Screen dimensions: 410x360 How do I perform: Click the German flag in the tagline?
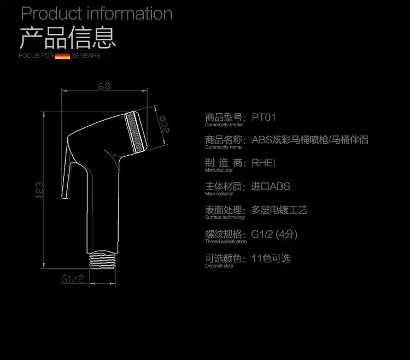pyautogui.click(x=62, y=56)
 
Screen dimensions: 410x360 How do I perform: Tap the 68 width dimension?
pyautogui.click(x=104, y=86)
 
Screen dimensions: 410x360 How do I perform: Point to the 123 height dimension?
pyautogui.click(x=39, y=190)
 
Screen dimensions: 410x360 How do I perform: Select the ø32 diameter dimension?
pyautogui.click(x=164, y=124)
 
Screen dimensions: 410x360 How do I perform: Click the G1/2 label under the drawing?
pyautogui.click(x=72, y=279)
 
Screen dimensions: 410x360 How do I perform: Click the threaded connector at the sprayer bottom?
pyautogui.click(x=103, y=260)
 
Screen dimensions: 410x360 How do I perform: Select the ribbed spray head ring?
pyautogui.click(x=136, y=133)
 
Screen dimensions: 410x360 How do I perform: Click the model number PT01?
pyautogui.click(x=263, y=117)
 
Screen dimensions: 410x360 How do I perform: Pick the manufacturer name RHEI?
pyautogui.click(x=263, y=163)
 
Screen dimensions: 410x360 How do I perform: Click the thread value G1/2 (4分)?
pyautogui.click(x=274, y=234)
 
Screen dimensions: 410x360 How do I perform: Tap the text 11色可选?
pyautogui.click(x=271, y=258)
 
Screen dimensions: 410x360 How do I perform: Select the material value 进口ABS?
pyautogui.click(x=271, y=186)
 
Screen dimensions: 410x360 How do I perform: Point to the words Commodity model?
pyautogui.click(x=224, y=125)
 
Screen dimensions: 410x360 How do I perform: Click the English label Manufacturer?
pyautogui.click(x=219, y=170)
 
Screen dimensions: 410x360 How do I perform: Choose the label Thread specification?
pyautogui.click(x=226, y=241)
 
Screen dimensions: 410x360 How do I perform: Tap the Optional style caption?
pyautogui.click(x=219, y=265)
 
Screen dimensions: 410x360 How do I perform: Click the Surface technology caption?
pyautogui.click(x=225, y=217)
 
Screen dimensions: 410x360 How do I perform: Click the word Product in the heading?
pyautogui.click(x=51, y=13)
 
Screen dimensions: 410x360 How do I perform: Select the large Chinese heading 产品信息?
pyautogui.click(x=67, y=38)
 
